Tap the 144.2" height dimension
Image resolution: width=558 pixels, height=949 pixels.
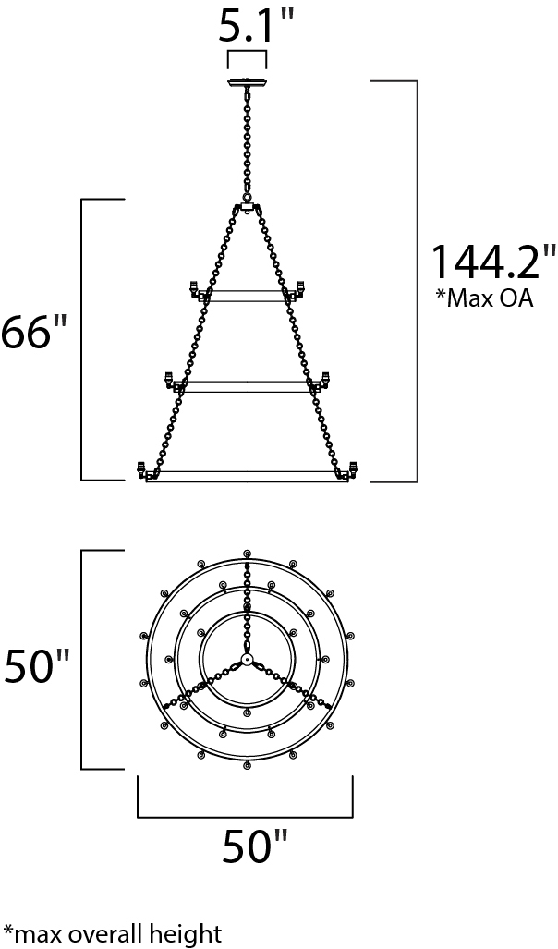click(491, 261)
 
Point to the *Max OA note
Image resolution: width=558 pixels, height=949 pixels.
click(484, 298)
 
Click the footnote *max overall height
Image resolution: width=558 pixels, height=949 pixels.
click(113, 932)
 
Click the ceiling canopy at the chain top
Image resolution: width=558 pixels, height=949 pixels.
click(247, 82)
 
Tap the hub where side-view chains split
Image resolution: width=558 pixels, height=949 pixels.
click(247, 207)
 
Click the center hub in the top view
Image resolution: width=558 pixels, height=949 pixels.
click(247, 659)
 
